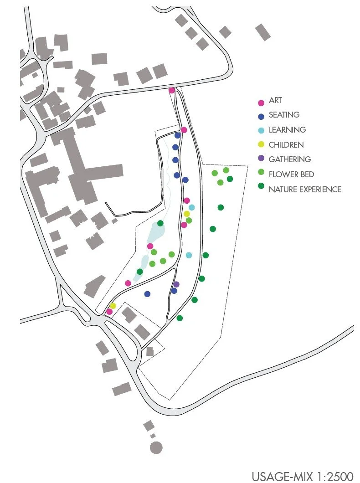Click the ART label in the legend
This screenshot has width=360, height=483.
(275, 100)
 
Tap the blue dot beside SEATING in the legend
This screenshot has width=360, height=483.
(261, 116)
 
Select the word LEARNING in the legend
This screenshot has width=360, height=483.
(287, 130)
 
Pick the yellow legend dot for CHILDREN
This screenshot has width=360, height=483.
(261, 145)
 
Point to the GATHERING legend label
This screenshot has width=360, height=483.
(289, 159)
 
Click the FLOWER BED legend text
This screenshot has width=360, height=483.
(291, 175)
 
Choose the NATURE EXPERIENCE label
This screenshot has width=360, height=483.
(304, 190)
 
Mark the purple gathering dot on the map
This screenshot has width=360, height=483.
(176, 284)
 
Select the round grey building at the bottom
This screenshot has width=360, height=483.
(156, 447)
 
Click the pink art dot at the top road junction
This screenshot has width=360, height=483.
(172, 90)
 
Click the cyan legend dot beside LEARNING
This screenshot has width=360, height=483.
(261, 131)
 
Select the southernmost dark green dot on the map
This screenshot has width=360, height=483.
(180, 318)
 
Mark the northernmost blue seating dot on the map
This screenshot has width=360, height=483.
(178, 135)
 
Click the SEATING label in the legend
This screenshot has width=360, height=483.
(284, 115)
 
